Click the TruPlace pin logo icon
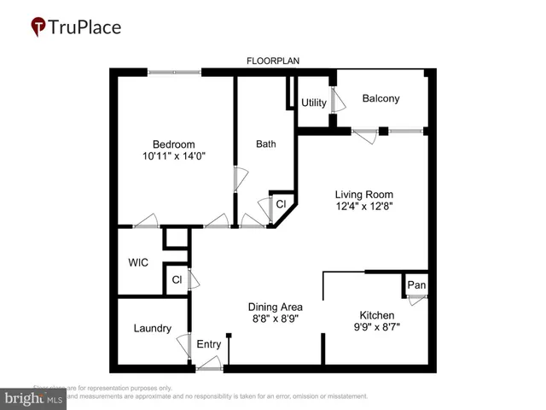pos(38,26)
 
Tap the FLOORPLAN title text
pos(273,61)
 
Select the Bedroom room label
pos(174,143)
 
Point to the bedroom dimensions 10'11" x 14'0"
pos(174,156)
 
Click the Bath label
pos(266,143)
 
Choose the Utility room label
pos(314,103)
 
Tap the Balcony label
pos(380,99)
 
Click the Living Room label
pos(363,194)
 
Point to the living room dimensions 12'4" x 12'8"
pos(363,206)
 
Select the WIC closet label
pos(138,262)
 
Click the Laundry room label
pos(153,328)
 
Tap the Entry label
pos(209,344)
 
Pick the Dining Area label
pos(275,307)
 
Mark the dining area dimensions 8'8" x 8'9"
pos(275,319)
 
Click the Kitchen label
pos(376,314)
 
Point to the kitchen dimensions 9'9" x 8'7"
pos(376,326)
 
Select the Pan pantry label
pos(415,284)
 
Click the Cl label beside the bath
pos(281,204)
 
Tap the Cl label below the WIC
pos(177,279)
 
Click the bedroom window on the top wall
pos(175,73)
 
